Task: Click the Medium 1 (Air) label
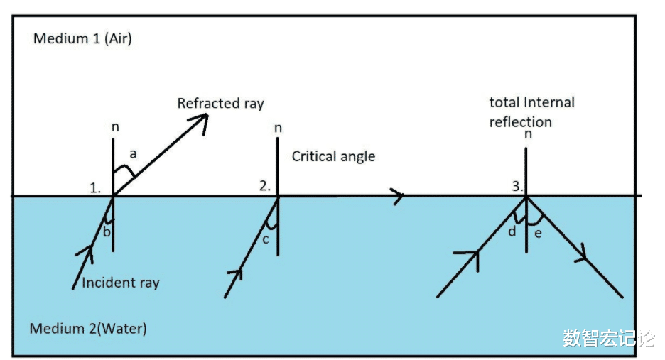(82, 38)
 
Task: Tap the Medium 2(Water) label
(88, 329)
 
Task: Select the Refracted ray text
(220, 104)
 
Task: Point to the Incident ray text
(121, 283)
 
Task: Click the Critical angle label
(333, 156)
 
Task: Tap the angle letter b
(107, 231)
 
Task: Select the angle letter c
(265, 239)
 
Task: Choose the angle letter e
(538, 233)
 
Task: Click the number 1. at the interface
(95, 188)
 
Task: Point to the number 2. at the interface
(265, 187)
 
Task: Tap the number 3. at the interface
(518, 187)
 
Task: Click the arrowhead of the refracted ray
(201, 121)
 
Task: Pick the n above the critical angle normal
(278, 129)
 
